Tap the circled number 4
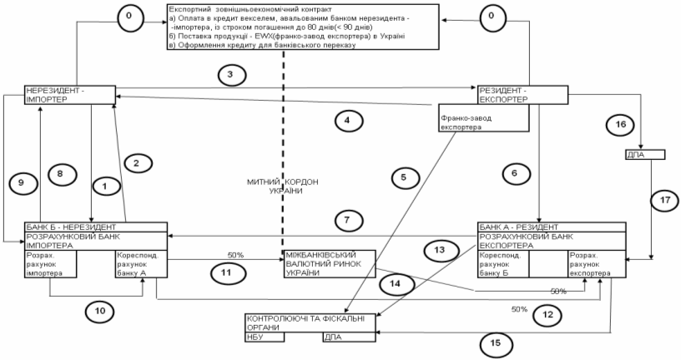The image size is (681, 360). [x=349, y=120]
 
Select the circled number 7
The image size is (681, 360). [x=345, y=220]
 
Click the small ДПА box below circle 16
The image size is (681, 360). [x=645, y=154]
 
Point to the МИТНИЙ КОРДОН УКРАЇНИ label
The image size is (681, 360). [x=283, y=186]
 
